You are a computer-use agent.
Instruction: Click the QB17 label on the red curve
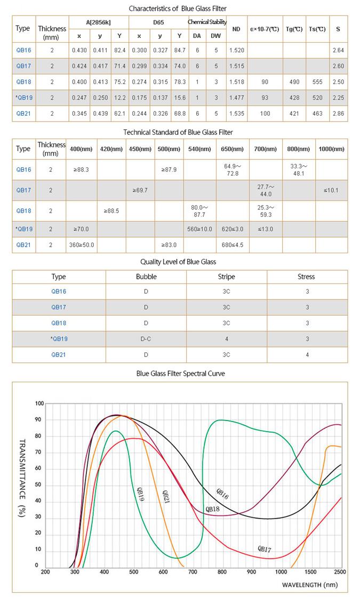pyautogui.click(x=265, y=548)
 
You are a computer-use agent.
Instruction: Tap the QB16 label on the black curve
pyautogui.click(x=222, y=494)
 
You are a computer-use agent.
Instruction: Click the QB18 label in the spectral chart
pyautogui.click(x=212, y=509)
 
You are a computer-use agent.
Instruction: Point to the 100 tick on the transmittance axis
pyautogui.click(x=38, y=403)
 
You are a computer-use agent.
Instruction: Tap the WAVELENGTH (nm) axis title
pyautogui.click(x=310, y=585)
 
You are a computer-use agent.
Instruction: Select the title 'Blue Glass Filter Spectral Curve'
pyautogui.click(x=180, y=374)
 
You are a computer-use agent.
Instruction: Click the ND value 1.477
pyautogui.click(x=236, y=98)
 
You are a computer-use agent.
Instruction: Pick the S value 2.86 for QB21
pyautogui.click(x=338, y=114)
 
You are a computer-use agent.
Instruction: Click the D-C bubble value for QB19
pyautogui.click(x=146, y=338)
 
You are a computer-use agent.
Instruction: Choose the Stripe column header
pyautogui.click(x=226, y=277)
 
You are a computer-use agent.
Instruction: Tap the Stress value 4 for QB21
pyautogui.click(x=307, y=354)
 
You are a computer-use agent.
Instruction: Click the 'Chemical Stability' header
pyautogui.click(x=207, y=22)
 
